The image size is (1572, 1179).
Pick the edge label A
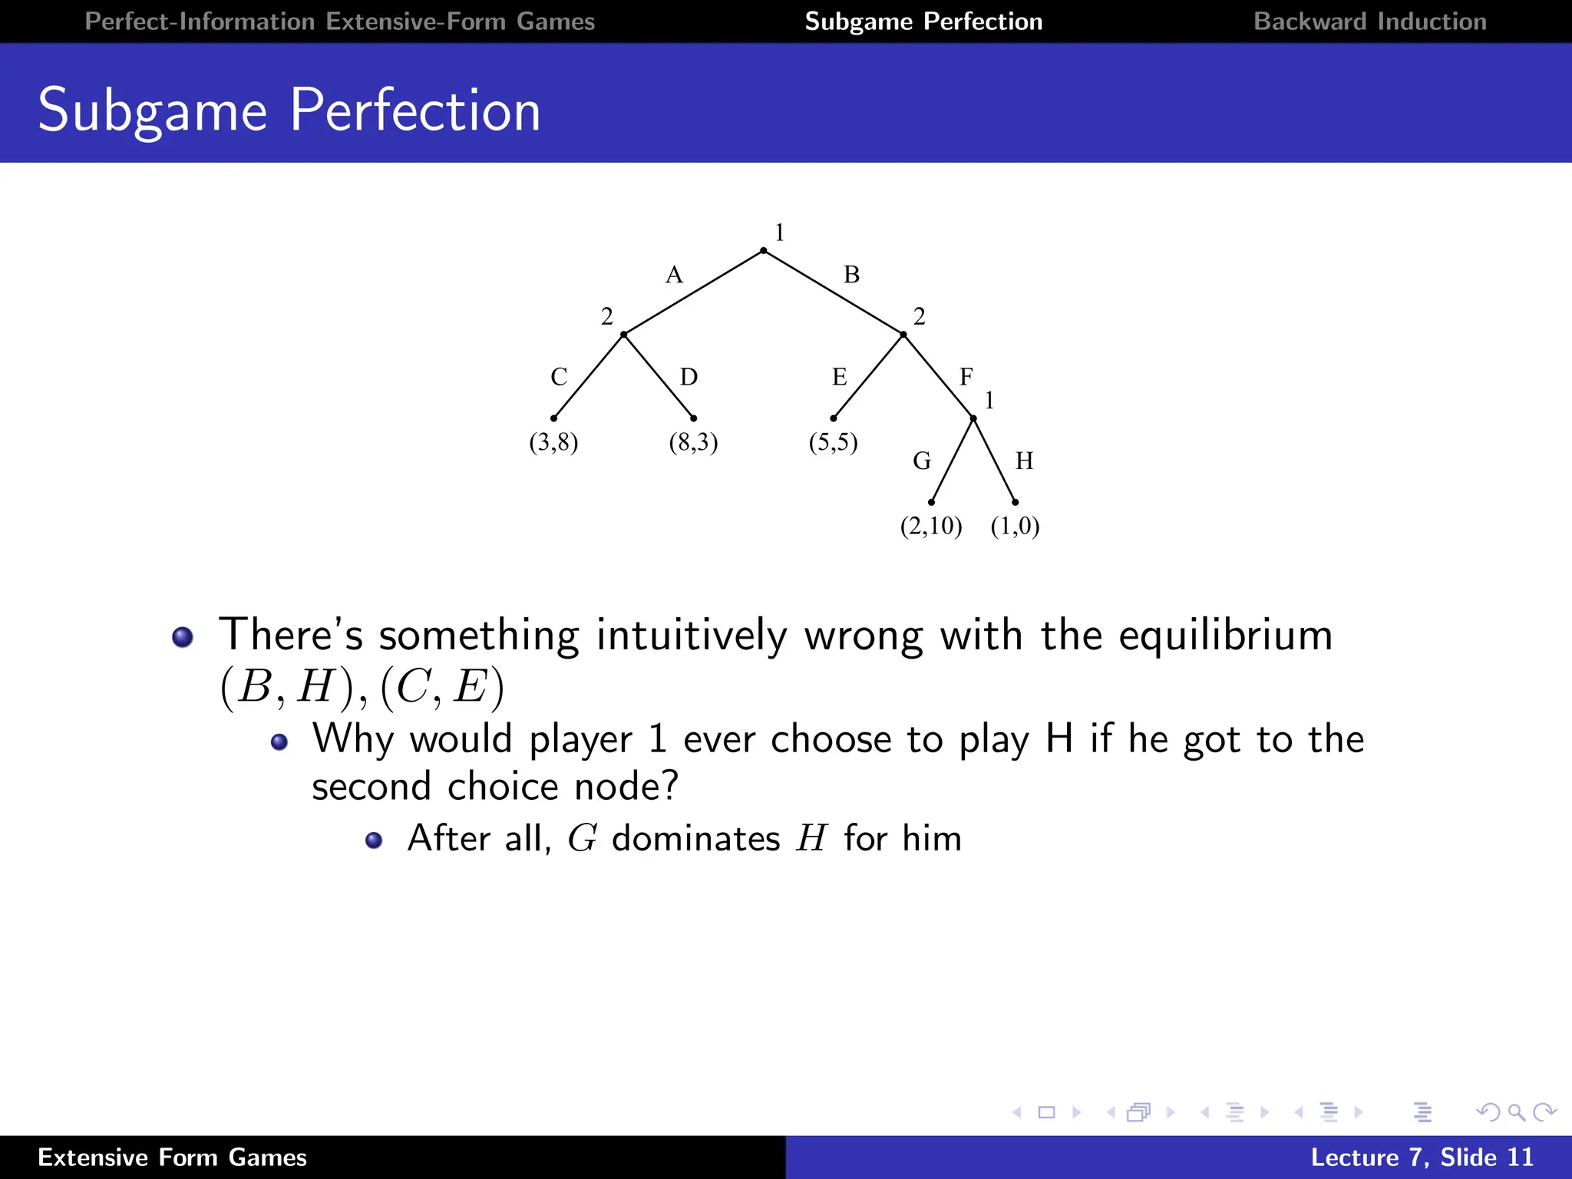point(674,275)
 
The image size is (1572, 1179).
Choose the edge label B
point(851,275)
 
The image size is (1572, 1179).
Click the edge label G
point(921,461)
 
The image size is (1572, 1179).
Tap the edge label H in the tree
point(1024,461)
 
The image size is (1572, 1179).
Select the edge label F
point(966,376)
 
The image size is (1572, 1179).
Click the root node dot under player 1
point(763,251)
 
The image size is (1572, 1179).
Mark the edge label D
point(689,377)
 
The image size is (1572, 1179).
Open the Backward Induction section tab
point(1369,21)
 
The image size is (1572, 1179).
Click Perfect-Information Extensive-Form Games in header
point(339,21)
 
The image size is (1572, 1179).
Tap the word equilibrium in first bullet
point(1225,636)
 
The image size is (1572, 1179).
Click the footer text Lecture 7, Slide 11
point(1422,1157)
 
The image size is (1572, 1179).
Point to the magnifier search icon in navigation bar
point(1516,1112)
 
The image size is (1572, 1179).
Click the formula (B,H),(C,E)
point(362,686)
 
